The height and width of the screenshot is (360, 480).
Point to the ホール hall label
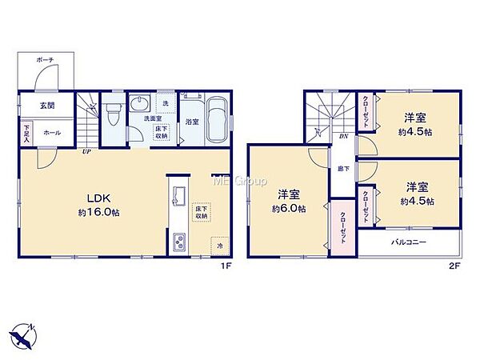tap(52, 133)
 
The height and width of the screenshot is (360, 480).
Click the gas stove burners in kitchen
tap(178, 241)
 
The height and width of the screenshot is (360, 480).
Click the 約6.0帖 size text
tap(288, 210)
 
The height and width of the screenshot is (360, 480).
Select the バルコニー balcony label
tap(408, 242)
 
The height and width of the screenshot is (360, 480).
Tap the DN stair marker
tap(342, 137)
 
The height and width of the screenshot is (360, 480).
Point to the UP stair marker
tap(85, 150)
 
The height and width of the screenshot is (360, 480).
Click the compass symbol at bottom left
tap(26, 337)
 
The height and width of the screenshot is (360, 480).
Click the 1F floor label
tap(227, 267)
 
